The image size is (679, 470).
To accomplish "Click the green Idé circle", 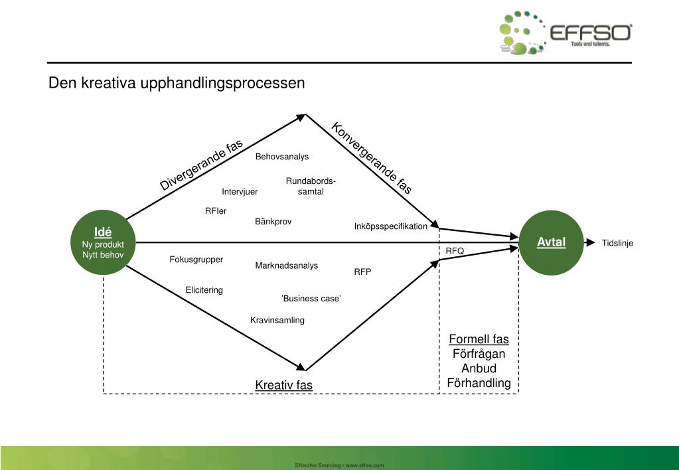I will [x=103, y=243].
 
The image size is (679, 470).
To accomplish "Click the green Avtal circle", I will [x=551, y=243].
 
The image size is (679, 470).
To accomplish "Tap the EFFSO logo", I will [x=566, y=33].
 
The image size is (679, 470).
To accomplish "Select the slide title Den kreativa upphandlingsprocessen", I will [x=177, y=84].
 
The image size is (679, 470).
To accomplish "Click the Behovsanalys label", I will [x=282, y=157].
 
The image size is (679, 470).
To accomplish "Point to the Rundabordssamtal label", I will [x=311, y=187].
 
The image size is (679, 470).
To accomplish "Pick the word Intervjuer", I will [x=240, y=192].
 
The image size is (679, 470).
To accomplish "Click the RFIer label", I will [x=216, y=211].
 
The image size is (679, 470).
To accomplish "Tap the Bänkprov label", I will [x=273, y=222].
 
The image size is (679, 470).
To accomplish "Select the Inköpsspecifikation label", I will [x=391, y=226].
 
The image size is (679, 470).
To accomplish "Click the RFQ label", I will [x=455, y=251].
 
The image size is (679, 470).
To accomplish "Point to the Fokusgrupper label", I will [x=196, y=260].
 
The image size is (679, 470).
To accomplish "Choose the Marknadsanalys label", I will [x=287, y=266].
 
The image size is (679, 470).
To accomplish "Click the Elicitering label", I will [x=204, y=290].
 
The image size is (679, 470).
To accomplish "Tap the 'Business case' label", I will [x=311, y=299].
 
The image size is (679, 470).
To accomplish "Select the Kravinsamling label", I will [x=277, y=320].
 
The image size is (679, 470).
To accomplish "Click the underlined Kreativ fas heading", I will [x=284, y=386].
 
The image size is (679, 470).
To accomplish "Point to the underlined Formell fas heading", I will [x=479, y=340].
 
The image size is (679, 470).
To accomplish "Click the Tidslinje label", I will [x=617, y=243].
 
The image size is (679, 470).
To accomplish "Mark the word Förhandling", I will [x=479, y=383].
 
